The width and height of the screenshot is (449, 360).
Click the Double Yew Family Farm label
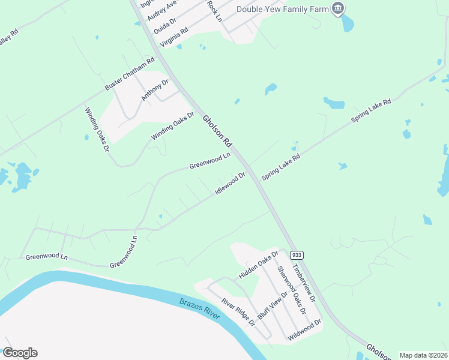tap(283, 8)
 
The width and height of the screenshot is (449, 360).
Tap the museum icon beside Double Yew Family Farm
tap(338, 8)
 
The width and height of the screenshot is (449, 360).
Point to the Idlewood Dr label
tap(231, 184)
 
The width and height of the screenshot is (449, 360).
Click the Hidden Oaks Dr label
tap(259, 265)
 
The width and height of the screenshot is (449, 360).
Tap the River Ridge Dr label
tap(238, 312)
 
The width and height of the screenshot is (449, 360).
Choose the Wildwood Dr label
tap(304, 330)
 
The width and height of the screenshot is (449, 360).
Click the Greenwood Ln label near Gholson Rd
tap(210, 161)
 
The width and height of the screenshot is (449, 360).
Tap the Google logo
tap(20, 353)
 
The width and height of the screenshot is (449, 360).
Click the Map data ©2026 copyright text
tap(423, 355)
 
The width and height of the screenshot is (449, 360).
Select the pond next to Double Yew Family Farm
tap(348, 23)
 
